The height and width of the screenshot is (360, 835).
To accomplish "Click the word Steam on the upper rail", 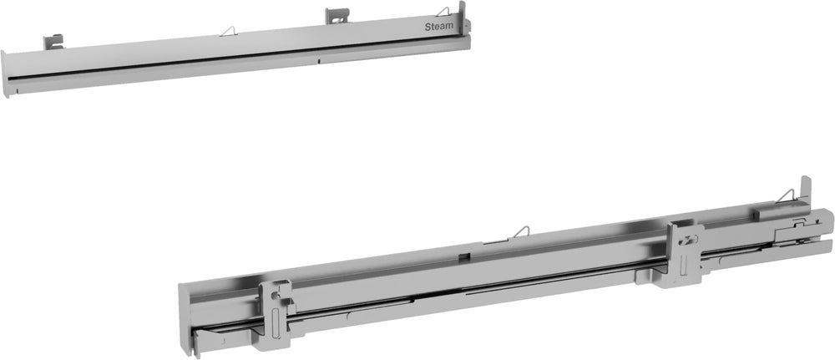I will click(441, 27).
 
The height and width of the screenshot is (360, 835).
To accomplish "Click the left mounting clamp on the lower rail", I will click(276, 313).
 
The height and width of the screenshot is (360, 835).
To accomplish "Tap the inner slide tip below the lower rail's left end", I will click(209, 335).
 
